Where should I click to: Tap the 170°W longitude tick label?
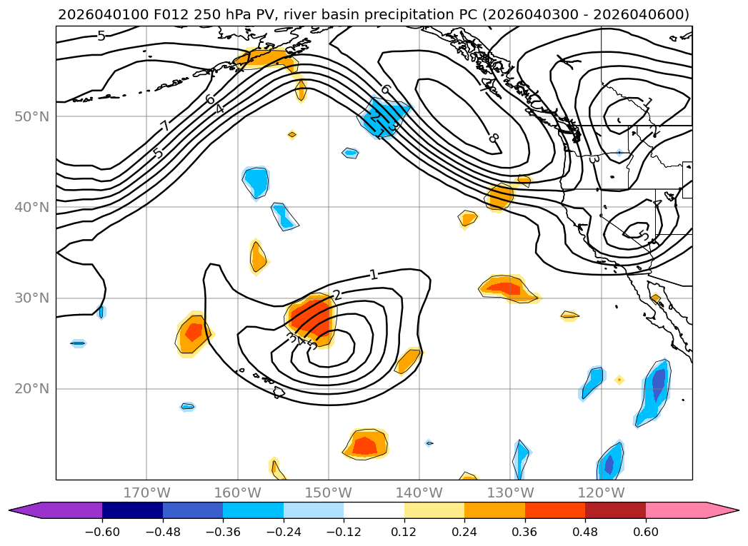[146, 492]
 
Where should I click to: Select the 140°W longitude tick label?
[419, 492]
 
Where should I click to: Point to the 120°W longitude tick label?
[601, 492]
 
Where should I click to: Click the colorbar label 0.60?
[645, 532]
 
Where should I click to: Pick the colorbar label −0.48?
[162, 532]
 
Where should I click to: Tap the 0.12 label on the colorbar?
[404, 532]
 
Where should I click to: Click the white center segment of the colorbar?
[374, 510]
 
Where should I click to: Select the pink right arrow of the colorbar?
[722, 510]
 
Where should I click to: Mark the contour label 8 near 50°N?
[494, 137]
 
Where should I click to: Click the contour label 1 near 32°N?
[374, 274]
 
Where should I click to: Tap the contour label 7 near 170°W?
[165, 126]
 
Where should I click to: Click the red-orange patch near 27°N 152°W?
[311, 318]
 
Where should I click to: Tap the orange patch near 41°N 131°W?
[499, 196]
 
